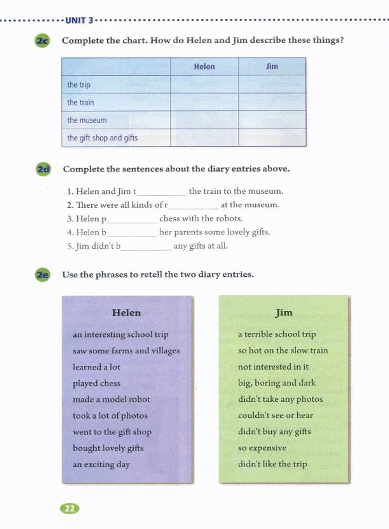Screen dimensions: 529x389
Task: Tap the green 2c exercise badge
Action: tap(42, 41)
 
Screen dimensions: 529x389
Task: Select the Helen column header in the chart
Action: tap(204, 67)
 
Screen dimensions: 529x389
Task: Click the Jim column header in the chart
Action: tap(272, 67)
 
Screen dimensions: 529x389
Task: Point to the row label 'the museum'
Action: tap(87, 120)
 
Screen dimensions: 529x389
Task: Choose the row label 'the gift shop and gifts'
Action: tap(102, 138)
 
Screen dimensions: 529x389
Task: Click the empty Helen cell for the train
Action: tap(204, 102)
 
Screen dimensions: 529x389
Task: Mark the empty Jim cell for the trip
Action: tap(272, 84)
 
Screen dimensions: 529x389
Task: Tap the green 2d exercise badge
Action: tap(43, 169)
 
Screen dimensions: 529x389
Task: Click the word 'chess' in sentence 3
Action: tap(169, 218)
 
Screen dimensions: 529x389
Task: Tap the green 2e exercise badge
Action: tap(43, 274)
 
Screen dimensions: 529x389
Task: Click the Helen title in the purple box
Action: tap(126, 313)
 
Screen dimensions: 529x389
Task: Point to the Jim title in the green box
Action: tap(284, 313)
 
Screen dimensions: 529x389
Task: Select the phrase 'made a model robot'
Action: tap(111, 399)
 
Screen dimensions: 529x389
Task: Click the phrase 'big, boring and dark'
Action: tap(277, 383)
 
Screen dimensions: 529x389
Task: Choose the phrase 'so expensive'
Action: tap(262, 448)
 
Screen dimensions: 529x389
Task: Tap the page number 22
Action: tap(70, 508)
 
